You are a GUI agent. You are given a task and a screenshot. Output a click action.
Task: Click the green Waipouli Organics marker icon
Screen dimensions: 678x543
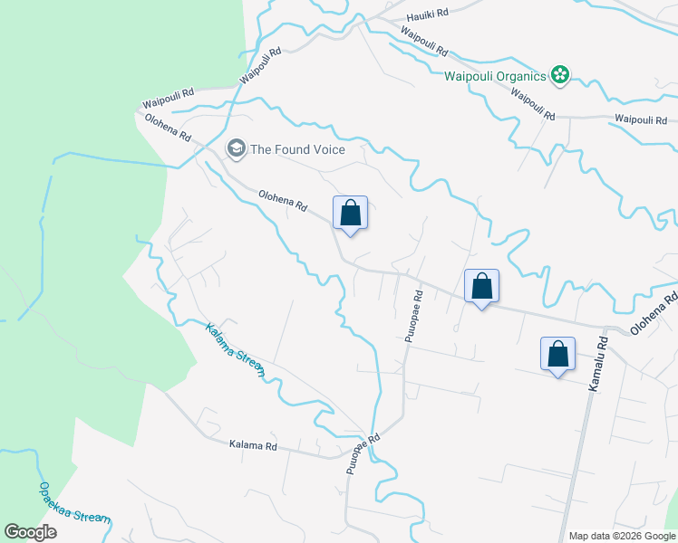(560, 75)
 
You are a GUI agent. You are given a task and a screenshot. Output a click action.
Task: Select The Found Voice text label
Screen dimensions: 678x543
(297, 149)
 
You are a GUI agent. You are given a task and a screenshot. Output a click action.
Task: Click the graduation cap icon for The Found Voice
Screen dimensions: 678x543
(237, 148)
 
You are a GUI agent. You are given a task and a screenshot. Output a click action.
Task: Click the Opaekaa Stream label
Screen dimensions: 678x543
(73, 503)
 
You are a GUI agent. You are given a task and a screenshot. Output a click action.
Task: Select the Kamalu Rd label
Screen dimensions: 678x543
(597, 365)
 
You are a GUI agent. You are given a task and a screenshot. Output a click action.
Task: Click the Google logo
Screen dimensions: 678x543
(30, 532)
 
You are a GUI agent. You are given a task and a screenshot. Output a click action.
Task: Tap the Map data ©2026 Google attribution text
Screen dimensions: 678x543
(621, 536)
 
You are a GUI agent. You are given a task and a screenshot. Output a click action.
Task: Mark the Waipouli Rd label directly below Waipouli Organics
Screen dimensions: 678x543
(532, 104)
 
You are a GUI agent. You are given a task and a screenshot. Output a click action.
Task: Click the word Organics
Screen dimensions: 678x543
(520, 76)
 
